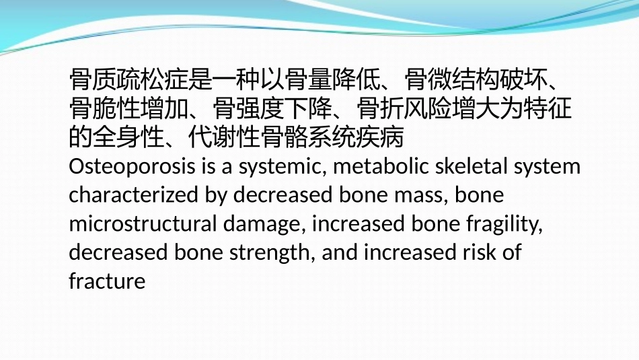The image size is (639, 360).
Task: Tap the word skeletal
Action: (470, 166)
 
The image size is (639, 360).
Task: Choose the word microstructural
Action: (135, 223)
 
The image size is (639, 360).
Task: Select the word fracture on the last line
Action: (107, 281)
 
